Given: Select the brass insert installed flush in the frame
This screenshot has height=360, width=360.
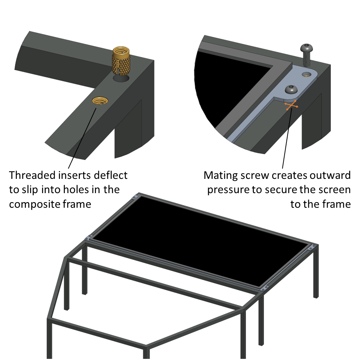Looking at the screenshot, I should tap(99, 100).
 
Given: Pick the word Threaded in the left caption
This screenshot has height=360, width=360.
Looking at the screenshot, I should tap(30, 175).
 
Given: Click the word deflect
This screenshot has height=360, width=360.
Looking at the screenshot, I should tap(111, 175).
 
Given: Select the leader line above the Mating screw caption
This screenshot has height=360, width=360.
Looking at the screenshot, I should tap(287, 139).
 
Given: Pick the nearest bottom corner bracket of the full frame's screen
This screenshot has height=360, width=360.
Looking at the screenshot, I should tap(265, 288).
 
